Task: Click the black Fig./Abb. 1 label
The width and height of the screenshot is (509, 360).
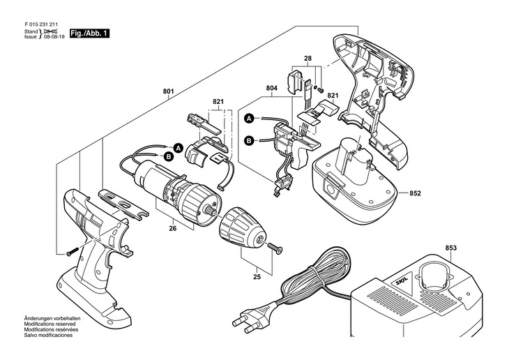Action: click(89, 33)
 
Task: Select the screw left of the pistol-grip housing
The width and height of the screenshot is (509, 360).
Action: click(70, 250)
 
